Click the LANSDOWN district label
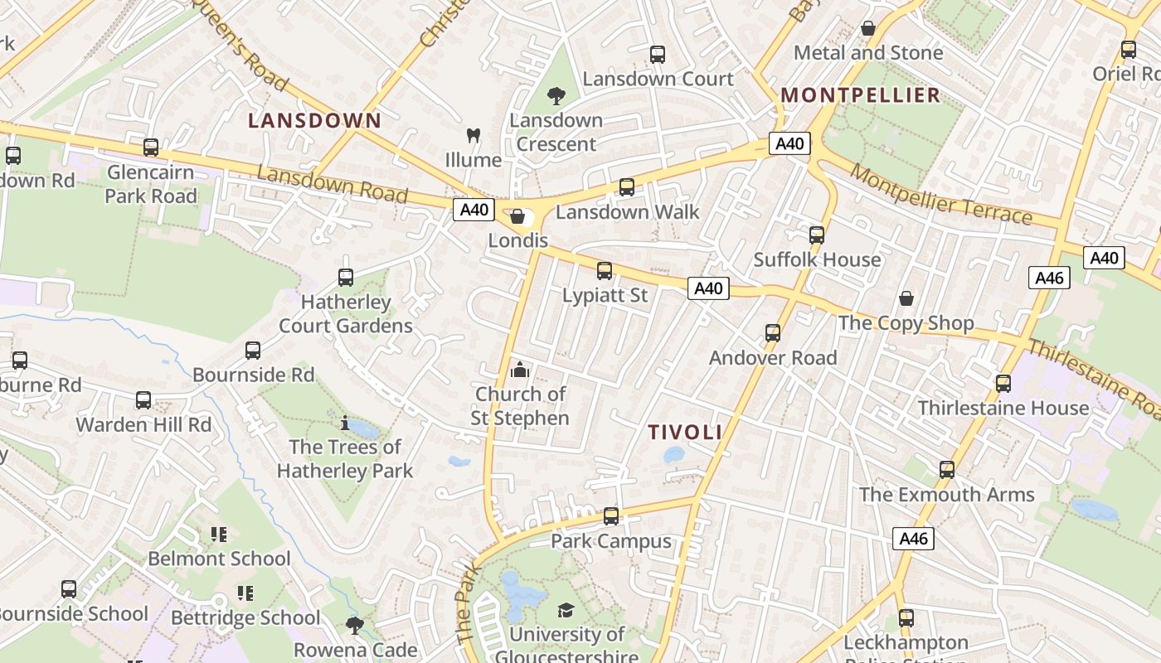(x=315, y=120)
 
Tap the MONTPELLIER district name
(x=861, y=94)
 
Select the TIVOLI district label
(x=685, y=432)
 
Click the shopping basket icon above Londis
(x=518, y=217)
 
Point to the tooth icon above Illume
(x=474, y=135)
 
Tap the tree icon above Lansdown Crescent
(x=556, y=96)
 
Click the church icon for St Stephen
(x=520, y=370)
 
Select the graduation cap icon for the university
(x=566, y=611)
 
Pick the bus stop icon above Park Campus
(x=611, y=516)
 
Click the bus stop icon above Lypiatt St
(x=605, y=271)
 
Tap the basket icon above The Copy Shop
(x=906, y=298)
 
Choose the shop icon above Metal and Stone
(x=868, y=29)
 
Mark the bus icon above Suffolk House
(x=817, y=235)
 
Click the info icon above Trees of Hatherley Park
(x=345, y=423)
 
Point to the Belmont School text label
(x=219, y=559)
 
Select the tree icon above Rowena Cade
(x=355, y=625)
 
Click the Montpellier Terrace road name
(x=941, y=194)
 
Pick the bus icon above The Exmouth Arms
(x=947, y=470)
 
